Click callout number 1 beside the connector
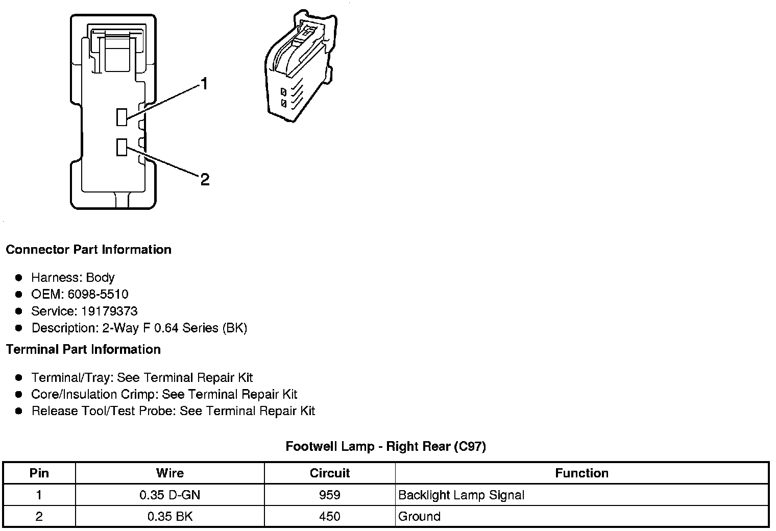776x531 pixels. (x=204, y=84)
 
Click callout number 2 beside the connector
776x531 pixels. (x=205, y=180)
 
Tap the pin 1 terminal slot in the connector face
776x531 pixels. (x=122, y=117)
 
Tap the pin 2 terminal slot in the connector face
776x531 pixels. (x=122, y=147)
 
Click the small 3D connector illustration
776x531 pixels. (x=300, y=69)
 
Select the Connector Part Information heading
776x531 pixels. (x=88, y=250)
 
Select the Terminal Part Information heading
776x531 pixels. (x=83, y=349)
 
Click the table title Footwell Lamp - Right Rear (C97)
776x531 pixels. (x=385, y=446)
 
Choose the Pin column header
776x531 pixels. (x=39, y=473)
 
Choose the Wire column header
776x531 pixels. (x=170, y=473)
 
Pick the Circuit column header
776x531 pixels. (x=330, y=473)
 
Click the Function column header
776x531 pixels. (x=581, y=473)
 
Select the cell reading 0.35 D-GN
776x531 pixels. (x=170, y=495)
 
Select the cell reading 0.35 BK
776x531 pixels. (x=170, y=516)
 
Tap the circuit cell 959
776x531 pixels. (x=330, y=495)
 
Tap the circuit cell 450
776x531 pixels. (x=330, y=516)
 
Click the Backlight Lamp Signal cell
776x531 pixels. (x=461, y=495)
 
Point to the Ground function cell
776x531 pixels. (x=419, y=516)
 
